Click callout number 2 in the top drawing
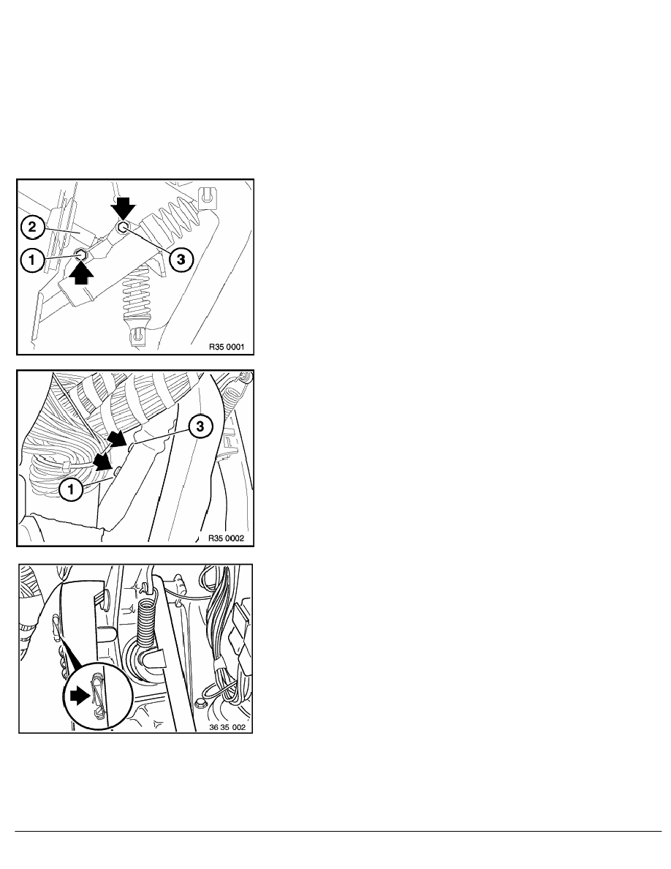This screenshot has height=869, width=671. pos(33,227)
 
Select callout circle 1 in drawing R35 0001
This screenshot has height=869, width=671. pos(33,260)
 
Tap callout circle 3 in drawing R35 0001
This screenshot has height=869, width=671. pos(181,260)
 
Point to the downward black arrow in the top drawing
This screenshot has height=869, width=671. pos(122,209)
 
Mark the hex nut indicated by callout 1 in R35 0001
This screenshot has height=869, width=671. pos(81,255)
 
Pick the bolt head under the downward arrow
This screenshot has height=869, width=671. pos(123,227)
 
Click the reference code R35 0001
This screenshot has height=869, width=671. pos(227,347)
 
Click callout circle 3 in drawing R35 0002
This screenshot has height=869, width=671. pos(200,426)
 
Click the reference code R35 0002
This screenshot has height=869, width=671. pos(226,538)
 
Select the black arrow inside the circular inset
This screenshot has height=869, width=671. pos(80,696)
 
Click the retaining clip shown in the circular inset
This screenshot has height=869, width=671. pos(97,696)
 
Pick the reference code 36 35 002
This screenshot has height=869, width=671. pos(227,727)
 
